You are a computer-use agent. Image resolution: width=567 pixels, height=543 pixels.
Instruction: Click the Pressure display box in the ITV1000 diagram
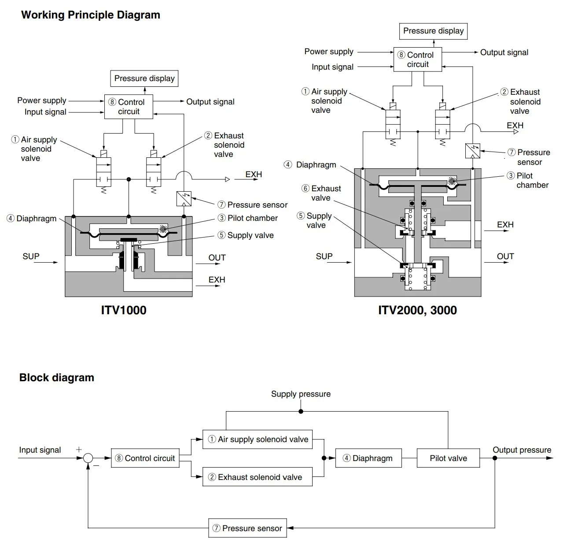(x=144, y=78)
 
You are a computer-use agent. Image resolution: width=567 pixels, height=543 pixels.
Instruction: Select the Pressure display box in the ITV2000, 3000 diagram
(x=433, y=31)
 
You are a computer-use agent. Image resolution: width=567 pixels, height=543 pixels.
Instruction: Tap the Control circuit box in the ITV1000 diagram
(x=129, y=107)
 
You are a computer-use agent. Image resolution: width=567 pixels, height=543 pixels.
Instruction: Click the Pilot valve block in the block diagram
(x=448, y=458)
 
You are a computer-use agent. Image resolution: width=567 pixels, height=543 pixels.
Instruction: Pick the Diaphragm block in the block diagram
(x=368, y=458)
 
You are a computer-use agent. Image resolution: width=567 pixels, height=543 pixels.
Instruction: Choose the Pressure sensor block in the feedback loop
(x=247, y=528)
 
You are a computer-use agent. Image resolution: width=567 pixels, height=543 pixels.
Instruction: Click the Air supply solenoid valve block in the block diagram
(x=258, y=439)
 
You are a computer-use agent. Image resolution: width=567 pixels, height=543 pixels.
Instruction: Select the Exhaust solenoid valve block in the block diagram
(x=258, y=477)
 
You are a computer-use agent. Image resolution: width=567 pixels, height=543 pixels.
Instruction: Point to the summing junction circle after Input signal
(x=88, y=458)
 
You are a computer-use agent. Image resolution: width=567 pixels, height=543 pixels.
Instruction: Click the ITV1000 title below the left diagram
(x=124, y=310)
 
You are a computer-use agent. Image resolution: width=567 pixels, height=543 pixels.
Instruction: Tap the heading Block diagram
(x=57, y=378)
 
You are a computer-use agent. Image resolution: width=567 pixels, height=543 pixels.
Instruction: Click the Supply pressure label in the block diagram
(x=301, y=394)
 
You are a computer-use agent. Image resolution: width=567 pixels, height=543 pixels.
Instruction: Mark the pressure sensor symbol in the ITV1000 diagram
(x=183, y=199)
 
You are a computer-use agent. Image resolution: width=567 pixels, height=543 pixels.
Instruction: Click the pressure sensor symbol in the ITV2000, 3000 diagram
(x=472, y=151)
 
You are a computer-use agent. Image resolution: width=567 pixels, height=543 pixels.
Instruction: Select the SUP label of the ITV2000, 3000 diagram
(x=324, y=257)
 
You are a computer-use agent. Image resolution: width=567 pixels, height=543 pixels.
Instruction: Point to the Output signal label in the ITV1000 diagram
(x=210, y=102)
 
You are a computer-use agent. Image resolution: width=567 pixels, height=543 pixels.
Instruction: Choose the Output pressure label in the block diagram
(x=522, y=450)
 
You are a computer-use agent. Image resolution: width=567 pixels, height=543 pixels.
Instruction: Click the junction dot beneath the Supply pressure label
(x=301, y=412)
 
